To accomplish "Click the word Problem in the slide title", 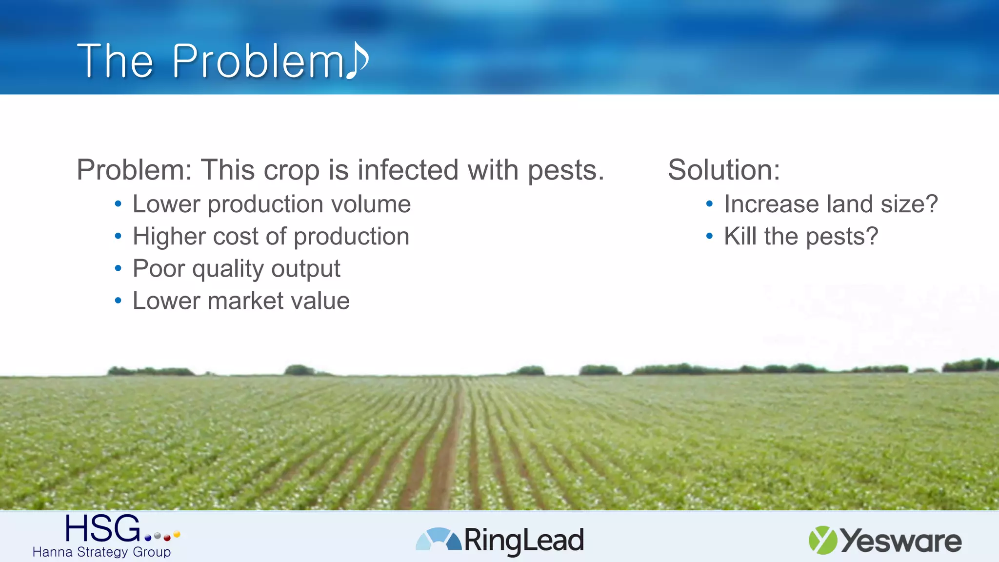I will (259, 61).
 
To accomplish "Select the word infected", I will (408, 170).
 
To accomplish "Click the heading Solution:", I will (724, 170).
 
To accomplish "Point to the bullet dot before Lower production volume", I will (118, 204).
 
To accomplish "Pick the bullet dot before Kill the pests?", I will (709, 237).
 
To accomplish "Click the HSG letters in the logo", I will (102, 529).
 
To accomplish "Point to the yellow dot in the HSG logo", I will (177, 534).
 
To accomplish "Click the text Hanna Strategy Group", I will (101, 552).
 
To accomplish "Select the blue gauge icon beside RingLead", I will (438, 540).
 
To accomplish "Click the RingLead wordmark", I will (524, 541).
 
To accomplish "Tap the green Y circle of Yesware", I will (822, 540).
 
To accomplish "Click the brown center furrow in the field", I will (446, 463).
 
